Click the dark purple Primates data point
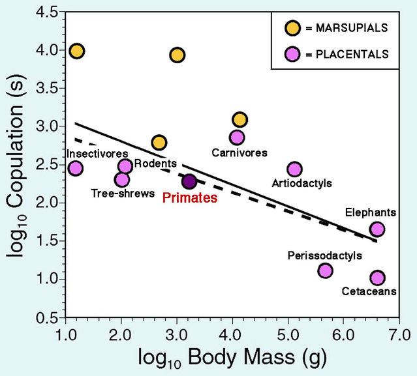(189, 181)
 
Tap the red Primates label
(189, 198)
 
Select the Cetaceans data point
(377, 278)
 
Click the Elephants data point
(377, 229)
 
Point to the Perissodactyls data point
(325, 270)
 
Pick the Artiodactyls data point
(294, 169)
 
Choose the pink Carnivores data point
(237, 137)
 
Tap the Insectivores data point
(76, 168)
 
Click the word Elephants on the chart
(371, 212)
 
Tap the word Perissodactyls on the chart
(324, 255)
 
